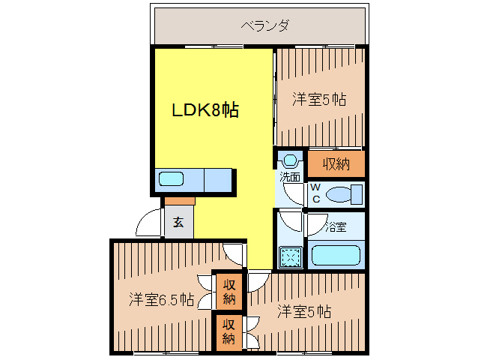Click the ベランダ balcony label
click(264, 25)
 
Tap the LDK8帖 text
click(205, 110)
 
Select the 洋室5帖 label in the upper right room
click(319, 99)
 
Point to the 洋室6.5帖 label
click(161, 300)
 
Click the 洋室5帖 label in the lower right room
click(305, 310)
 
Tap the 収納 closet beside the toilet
click(336, 163)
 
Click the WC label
click(316, 193)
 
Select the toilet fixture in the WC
click(344, 194)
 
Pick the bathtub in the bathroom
click(336, 255)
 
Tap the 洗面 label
click(290, 178)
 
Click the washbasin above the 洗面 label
click(290, 160)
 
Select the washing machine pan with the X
click(290, 257)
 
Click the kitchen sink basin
click(171, 179)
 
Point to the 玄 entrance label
click(178, 222)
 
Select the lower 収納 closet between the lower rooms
click(229, 331)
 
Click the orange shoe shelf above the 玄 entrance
click(178, 201)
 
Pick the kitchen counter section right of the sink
click(217, 180)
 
